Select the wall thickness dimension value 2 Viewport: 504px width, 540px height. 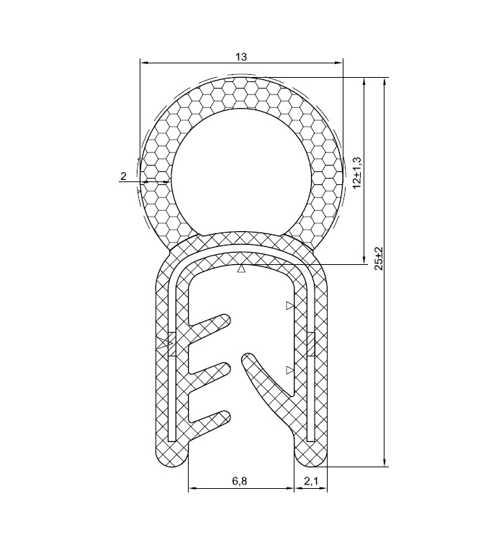[124, 176]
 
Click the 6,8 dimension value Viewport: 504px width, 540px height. [240, 482]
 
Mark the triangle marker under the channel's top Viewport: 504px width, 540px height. [242, 271]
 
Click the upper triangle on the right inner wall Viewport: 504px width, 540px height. [289, 306]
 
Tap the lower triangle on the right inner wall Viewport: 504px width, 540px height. [289, 369]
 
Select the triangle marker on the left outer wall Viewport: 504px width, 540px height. [161, 344]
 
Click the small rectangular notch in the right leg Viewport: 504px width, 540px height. [310, 344]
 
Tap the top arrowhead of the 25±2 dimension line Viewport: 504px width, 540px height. [384, 83]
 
